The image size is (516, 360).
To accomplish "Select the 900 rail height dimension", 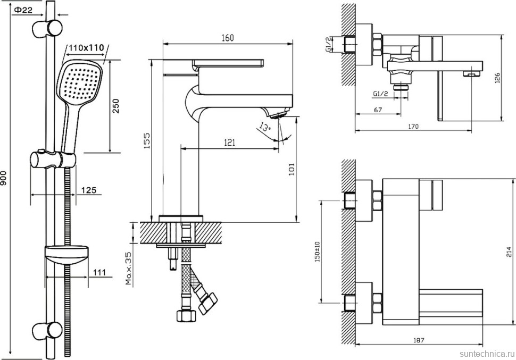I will pos(5,180).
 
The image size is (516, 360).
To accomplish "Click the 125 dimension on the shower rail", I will pos(89,190).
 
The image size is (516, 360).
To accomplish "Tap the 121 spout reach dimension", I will pos(229,142).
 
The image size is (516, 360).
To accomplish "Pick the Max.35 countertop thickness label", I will pos(128,269).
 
